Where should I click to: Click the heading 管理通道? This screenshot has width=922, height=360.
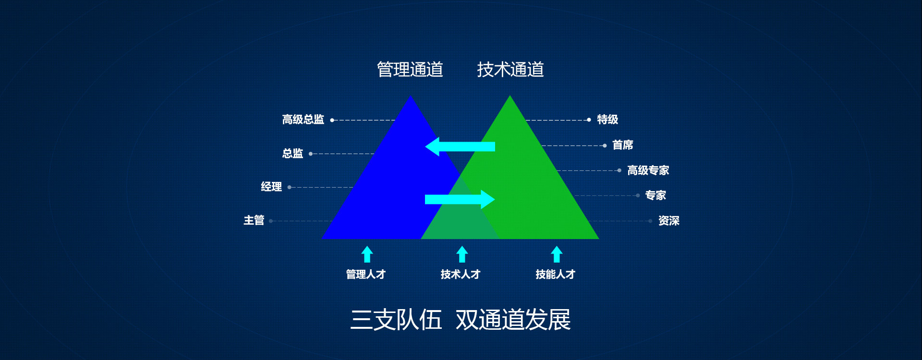click(410, 70)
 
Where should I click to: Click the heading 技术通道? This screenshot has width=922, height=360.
click(510, 70)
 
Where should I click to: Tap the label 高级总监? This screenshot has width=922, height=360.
click(303, 120)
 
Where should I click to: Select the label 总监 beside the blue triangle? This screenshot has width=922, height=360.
click(292, 154)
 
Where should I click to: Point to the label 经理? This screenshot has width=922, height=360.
click(271, 187)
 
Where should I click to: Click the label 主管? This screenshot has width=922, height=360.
click(254, 220)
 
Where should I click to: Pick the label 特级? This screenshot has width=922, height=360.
click(607, 120)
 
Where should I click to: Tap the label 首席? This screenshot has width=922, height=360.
click(623, 145)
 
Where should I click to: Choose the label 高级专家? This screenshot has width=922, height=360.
click(648, 170)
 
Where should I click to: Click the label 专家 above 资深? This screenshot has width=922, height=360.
click(655, 195)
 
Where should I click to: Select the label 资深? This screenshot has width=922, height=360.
click(669, 221)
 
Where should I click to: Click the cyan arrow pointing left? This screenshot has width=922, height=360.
click(460, 146)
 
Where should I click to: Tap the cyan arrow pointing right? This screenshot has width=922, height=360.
click(460, 199)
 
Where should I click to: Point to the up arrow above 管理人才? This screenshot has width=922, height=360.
click(367, 254)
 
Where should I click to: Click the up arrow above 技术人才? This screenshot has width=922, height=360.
click(462, 254)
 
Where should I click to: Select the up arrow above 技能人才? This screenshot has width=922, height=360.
click(557, 254)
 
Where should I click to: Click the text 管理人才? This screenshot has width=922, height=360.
click(366, 275)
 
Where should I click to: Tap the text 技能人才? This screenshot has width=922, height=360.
click(556, 275)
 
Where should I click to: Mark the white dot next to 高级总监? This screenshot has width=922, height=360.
click(332, 120)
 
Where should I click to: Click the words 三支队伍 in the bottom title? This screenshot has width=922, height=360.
click(396, 320)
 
